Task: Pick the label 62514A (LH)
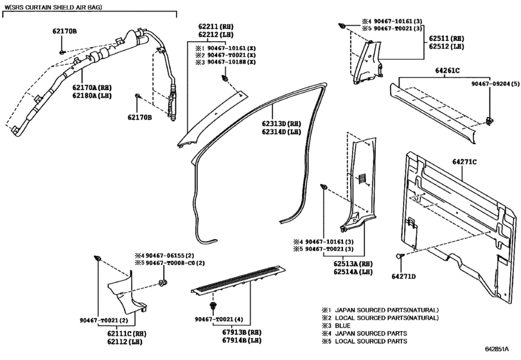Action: (x=353, y=272)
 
